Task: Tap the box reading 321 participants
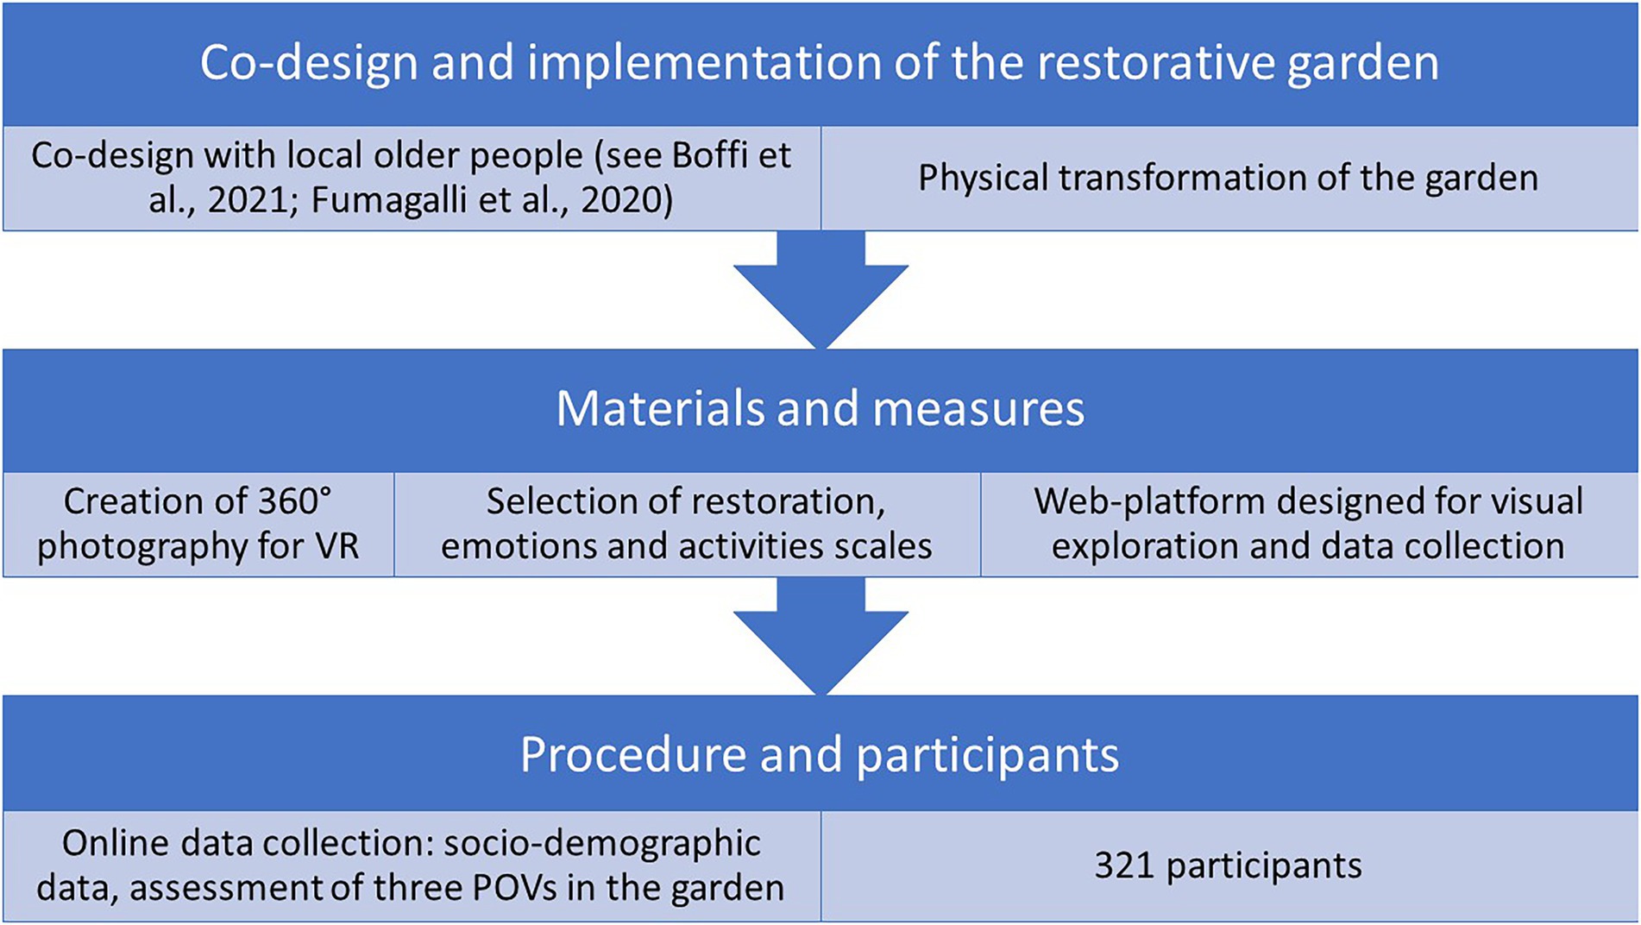click(x=1229, y=865)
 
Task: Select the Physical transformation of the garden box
click(x=1229, y=179)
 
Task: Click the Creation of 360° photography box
click(x=198, y=524)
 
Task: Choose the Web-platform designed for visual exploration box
click(x=1309, y=524)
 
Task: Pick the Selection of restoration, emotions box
click(x=687, y=524)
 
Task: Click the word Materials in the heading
click(x=660, y=408)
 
